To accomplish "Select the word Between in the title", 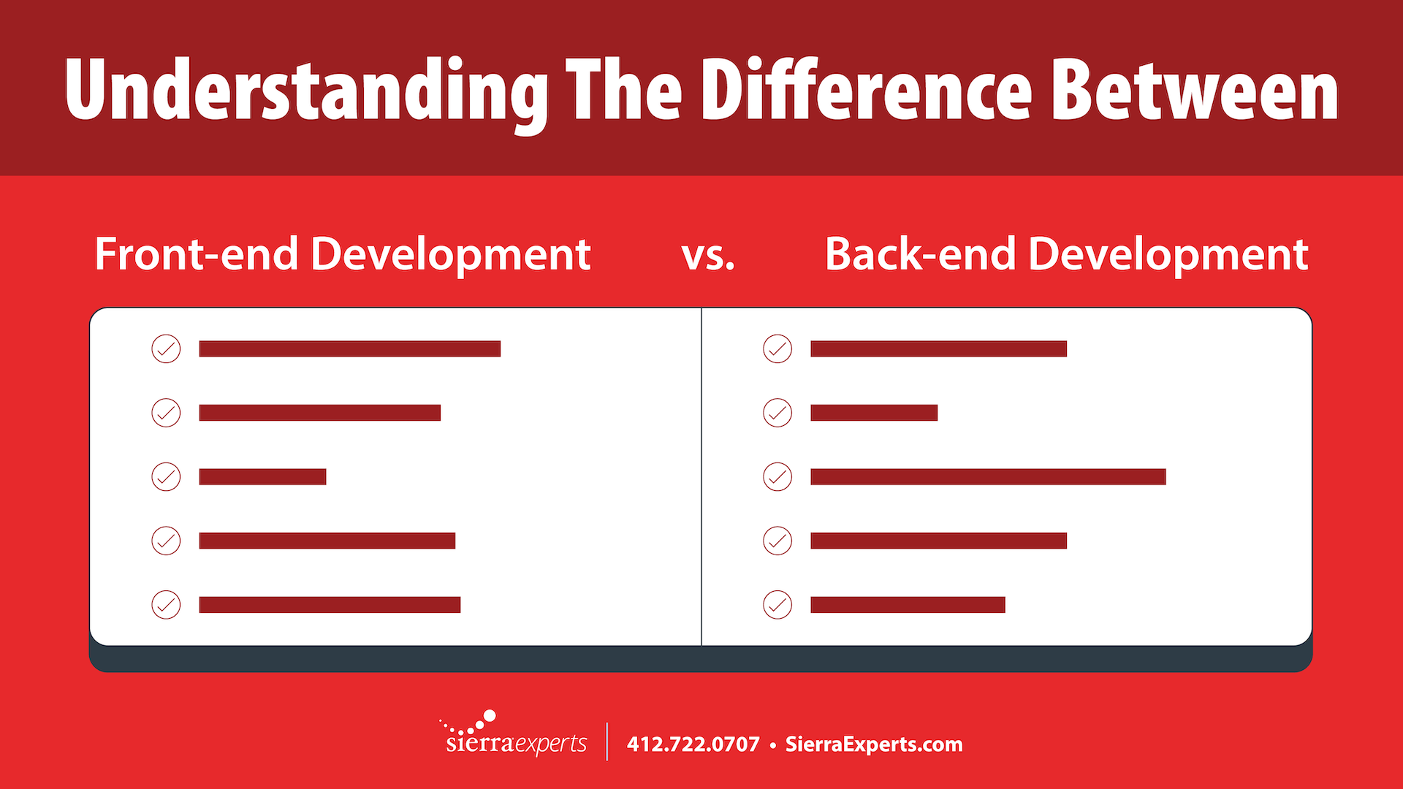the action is point(1195,89).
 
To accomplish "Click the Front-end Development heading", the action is point(342,256).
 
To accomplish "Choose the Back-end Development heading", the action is point(1066,254).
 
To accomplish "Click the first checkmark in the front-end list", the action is point(166,349).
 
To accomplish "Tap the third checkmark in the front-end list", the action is point(166,477).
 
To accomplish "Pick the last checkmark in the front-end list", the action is point(166,605).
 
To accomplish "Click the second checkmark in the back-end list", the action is point(777,413).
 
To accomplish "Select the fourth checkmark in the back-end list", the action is point(777,541).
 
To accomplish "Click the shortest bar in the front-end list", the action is point(262,477).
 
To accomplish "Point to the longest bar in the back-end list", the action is point(988,477).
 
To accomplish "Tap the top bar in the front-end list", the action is point(349,349).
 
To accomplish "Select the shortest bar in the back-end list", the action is point(874,413).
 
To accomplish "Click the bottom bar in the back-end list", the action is point(908,605).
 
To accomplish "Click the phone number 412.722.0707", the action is point(693,744).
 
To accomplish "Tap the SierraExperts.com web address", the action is point(874,744).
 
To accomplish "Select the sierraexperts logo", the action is point(514,733).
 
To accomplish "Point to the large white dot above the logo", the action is point(490,716).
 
